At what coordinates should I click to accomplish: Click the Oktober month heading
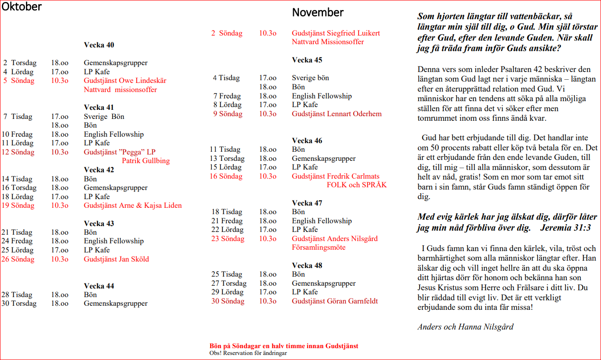(x=21, y=7)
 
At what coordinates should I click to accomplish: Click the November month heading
(x=318, y=12)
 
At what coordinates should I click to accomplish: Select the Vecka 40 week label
(x=99, y=45)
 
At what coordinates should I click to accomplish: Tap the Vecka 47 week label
(x=307, y=203)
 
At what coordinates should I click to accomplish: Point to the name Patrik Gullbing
(x=146, y=161)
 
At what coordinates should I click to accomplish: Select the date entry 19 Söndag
(x=18, y=206)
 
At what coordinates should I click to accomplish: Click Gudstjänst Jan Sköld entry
(x=116, y=259)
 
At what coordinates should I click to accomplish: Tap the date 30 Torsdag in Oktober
(x=19, y=303)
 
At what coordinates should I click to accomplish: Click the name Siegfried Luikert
(x=354, y=33)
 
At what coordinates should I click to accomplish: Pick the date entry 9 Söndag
(x=228, y=114)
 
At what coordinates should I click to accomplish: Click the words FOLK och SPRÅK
(x=356, y=185)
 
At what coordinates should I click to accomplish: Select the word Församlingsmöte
(x=318, y=247)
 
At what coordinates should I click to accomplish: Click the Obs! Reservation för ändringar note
(x=245, y=353)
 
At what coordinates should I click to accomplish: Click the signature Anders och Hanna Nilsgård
(x=465, y=327)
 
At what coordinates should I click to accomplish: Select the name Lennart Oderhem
(x=354, y=114)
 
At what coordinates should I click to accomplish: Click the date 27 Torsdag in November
(x=229, y=283)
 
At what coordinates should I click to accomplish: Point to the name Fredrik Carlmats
(x=353, y=176)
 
